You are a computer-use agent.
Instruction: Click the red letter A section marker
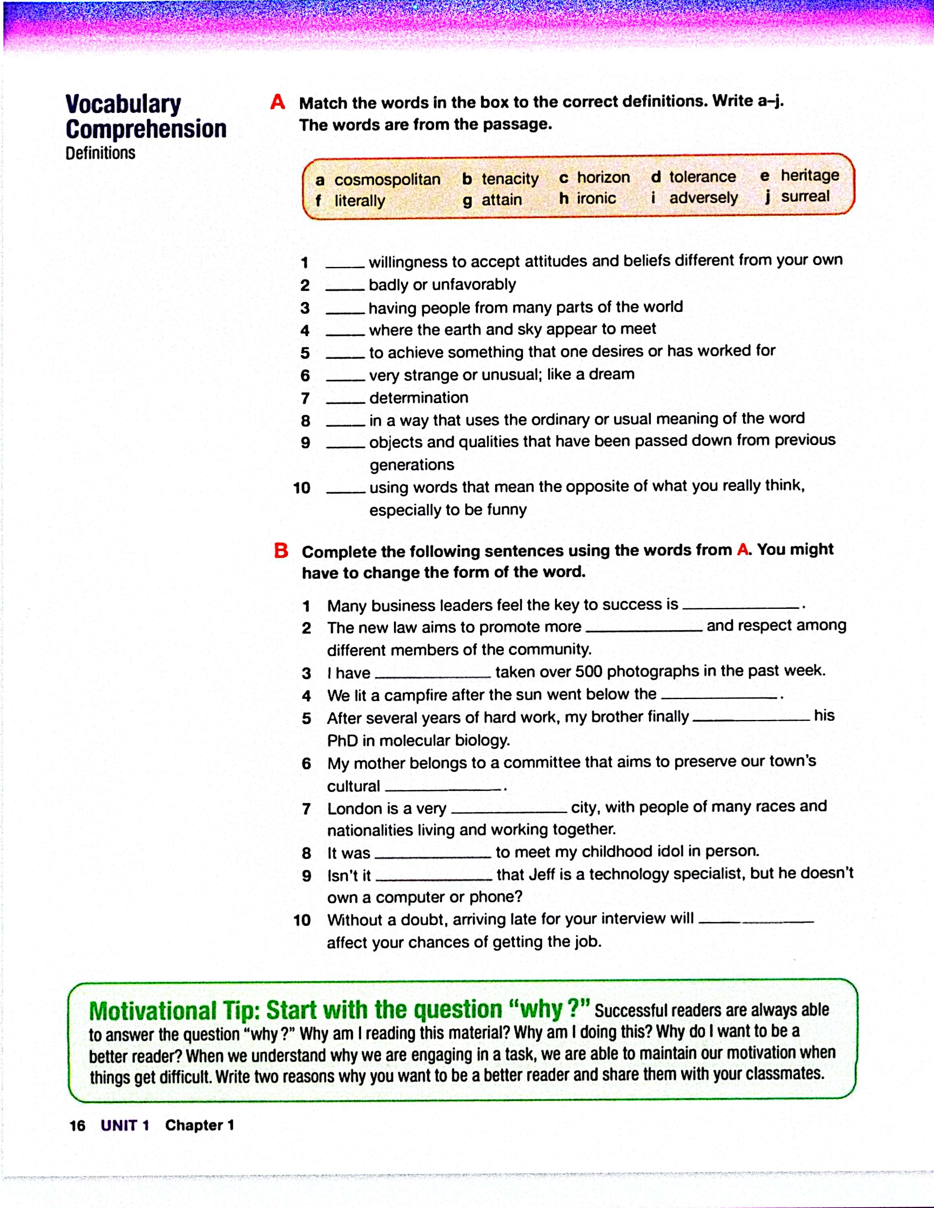(277, 102)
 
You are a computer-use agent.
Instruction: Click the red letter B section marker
(281, 550)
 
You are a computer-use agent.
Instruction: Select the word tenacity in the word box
(510, 179)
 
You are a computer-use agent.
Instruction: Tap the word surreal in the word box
(805, 197)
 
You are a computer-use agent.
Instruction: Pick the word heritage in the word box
(809, 175)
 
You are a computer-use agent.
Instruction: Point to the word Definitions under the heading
(100, 153)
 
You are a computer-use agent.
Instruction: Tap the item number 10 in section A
(301, 488)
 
